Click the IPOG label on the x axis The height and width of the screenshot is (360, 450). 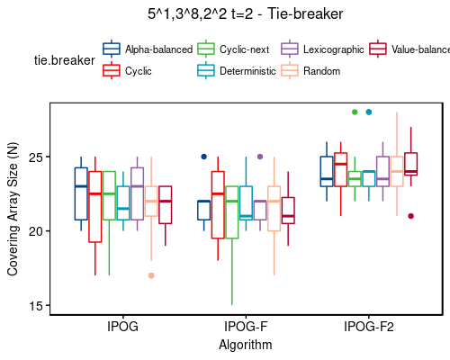coord(122,327)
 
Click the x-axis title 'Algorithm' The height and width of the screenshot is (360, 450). coord(245,344)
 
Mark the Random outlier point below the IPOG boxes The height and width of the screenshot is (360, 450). coord(151,275)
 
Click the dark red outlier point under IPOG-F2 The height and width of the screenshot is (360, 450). coord(410,216)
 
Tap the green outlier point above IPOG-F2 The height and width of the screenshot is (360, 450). coord(355,112)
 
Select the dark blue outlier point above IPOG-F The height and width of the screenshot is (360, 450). coord(203,157)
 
